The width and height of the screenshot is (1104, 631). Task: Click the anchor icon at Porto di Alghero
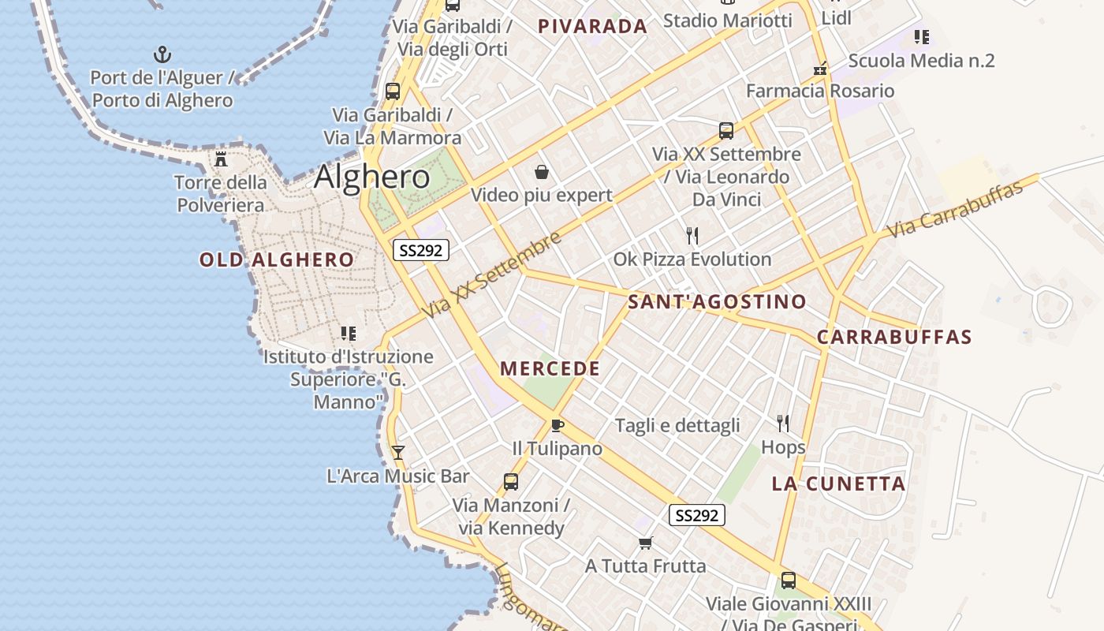162,54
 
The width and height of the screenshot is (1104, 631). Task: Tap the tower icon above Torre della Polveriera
221,159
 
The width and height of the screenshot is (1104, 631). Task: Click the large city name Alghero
371,177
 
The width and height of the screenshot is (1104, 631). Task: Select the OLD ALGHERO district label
277,259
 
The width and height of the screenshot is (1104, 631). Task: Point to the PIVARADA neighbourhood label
592,26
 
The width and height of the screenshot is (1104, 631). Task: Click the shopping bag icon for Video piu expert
542,171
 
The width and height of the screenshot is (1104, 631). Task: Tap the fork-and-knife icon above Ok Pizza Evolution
692,235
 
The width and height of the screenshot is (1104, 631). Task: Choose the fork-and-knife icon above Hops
783,424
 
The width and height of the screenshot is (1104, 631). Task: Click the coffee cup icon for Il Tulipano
558,426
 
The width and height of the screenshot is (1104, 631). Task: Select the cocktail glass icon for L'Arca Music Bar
398,452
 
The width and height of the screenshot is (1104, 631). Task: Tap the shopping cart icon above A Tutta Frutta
646,543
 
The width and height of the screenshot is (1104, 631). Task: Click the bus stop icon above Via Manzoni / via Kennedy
511,481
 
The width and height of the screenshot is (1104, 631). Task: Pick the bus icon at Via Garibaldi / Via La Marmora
392,91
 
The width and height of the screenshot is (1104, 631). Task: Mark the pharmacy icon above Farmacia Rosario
821,68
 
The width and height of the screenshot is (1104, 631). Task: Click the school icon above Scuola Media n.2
922,36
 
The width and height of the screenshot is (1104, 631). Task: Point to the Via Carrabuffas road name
955,209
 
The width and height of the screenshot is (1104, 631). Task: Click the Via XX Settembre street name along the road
493,275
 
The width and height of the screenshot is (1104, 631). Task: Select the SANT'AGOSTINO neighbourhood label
717,301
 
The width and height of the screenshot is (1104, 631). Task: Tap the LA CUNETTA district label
838,484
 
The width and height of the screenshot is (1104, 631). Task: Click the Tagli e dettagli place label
677,426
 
